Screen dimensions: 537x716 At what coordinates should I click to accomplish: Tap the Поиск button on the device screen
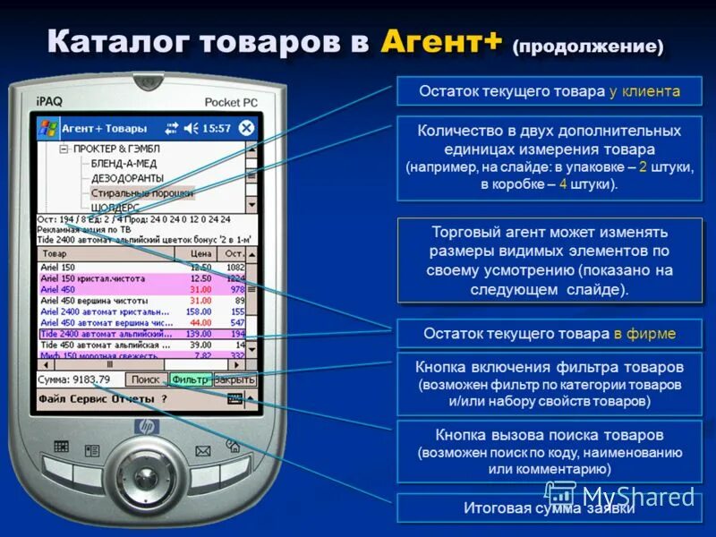point(145,379)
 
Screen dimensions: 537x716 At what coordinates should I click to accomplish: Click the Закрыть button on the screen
point(235,379)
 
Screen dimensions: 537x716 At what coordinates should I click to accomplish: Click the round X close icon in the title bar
point(246,128)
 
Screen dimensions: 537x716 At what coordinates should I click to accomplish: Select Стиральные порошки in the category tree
point(141,192)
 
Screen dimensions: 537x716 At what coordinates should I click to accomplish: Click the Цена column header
point(200,254)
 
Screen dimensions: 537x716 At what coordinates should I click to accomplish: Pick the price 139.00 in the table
point(199,333)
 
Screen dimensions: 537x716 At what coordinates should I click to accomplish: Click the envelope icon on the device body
point(203,450)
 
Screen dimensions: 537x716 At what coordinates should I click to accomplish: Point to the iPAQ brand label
point(51,101)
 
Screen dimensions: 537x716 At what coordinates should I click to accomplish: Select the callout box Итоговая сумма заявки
point(549,508)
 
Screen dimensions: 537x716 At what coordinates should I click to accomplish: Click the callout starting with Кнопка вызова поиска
point(550,451)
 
